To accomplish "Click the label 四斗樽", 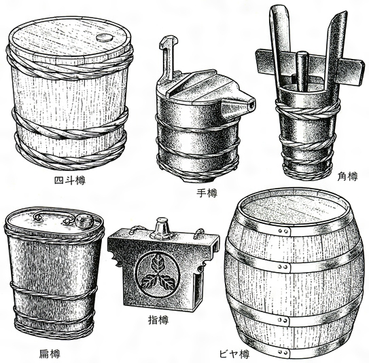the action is pyautogui.click(x=70, y=180).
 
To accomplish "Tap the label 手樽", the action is pyautogui.click(x=207, y=193).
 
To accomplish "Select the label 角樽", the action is pyautogui.click(x=347, y=176).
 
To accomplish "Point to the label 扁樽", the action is pyautogui.click(x=50, y=354).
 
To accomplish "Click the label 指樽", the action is pyautogui.click(x=158, y=320).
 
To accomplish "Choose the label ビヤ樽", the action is pyautogui.click(x=234, y=354).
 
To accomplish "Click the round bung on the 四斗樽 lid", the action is pyautogui.click(x=104, y=37).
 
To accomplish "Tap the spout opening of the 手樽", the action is pyautogui.click(x=252, y=105).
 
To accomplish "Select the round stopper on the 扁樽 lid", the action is pyautogui.click(x=84, y=221).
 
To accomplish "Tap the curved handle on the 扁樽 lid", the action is pyautogui.click(x=53, y=216).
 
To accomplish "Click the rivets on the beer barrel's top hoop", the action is pyautogui.click(x=283, y=231).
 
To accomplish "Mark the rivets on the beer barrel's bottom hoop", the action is pyautogui.click(x=283, y=352).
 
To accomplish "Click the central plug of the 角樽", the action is pyautogui.click(x=302, y=71).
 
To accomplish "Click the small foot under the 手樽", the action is pyautogui.click(x=198, y=180).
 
